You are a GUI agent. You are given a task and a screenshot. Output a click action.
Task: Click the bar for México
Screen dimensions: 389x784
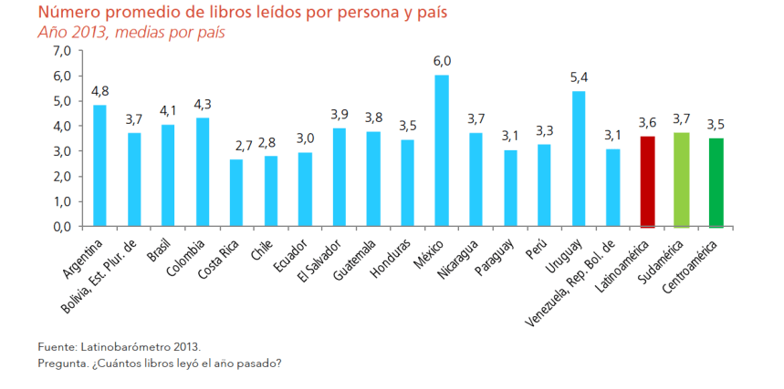pyautogui.click(x=441, y=150)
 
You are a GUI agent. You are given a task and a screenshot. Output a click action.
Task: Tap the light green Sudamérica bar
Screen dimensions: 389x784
pyautogui.click(x=681, y=179)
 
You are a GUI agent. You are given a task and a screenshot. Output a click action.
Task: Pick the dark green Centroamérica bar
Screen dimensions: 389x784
pyautogui.click(x=716, y=182)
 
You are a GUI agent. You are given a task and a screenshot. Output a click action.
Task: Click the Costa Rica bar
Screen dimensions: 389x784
pyautogui.click(x=236, y=192)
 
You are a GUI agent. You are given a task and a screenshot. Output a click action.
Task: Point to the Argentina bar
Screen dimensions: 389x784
pyautogui.click(x=99, y=165)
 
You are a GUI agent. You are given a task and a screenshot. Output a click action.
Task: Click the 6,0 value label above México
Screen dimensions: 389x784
pyautogui.click(x=442, y=61)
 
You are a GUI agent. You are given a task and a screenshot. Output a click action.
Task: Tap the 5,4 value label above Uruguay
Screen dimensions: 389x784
pyautogui.click(x=579, y=77)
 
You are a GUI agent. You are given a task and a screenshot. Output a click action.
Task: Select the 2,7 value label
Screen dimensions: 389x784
pyautogui.click(x=236, y=146)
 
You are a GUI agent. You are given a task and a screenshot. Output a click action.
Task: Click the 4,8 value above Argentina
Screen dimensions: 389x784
pyautogui.click(x=99, y=91)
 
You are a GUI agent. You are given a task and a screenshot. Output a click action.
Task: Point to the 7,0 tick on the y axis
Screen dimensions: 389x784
pyautogui.click(x=62, y=51)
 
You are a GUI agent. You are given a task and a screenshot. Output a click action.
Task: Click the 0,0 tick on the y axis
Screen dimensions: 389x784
pyautogui.click(x=62, y=226)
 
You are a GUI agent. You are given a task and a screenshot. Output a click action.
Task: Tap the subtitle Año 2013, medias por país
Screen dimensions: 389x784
pyautogui.click(x=131, y=33)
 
